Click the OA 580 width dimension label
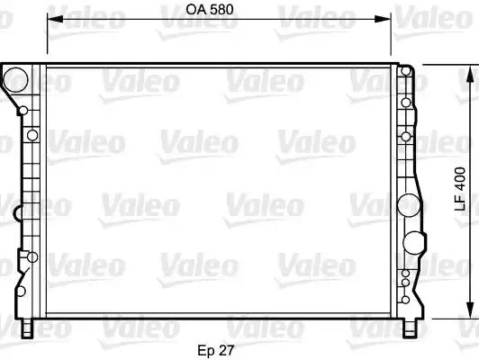[210, 10]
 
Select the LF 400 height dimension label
[460, 189]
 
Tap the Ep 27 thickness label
[216, 350]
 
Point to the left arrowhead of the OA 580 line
[55, 19]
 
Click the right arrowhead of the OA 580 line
[383, 19]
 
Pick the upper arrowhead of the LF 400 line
[471, 73]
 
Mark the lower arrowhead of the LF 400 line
[471, 310]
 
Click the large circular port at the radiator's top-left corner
[15, 80]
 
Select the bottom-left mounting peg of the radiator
[27, 328]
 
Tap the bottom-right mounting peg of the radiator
[409, 328]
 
